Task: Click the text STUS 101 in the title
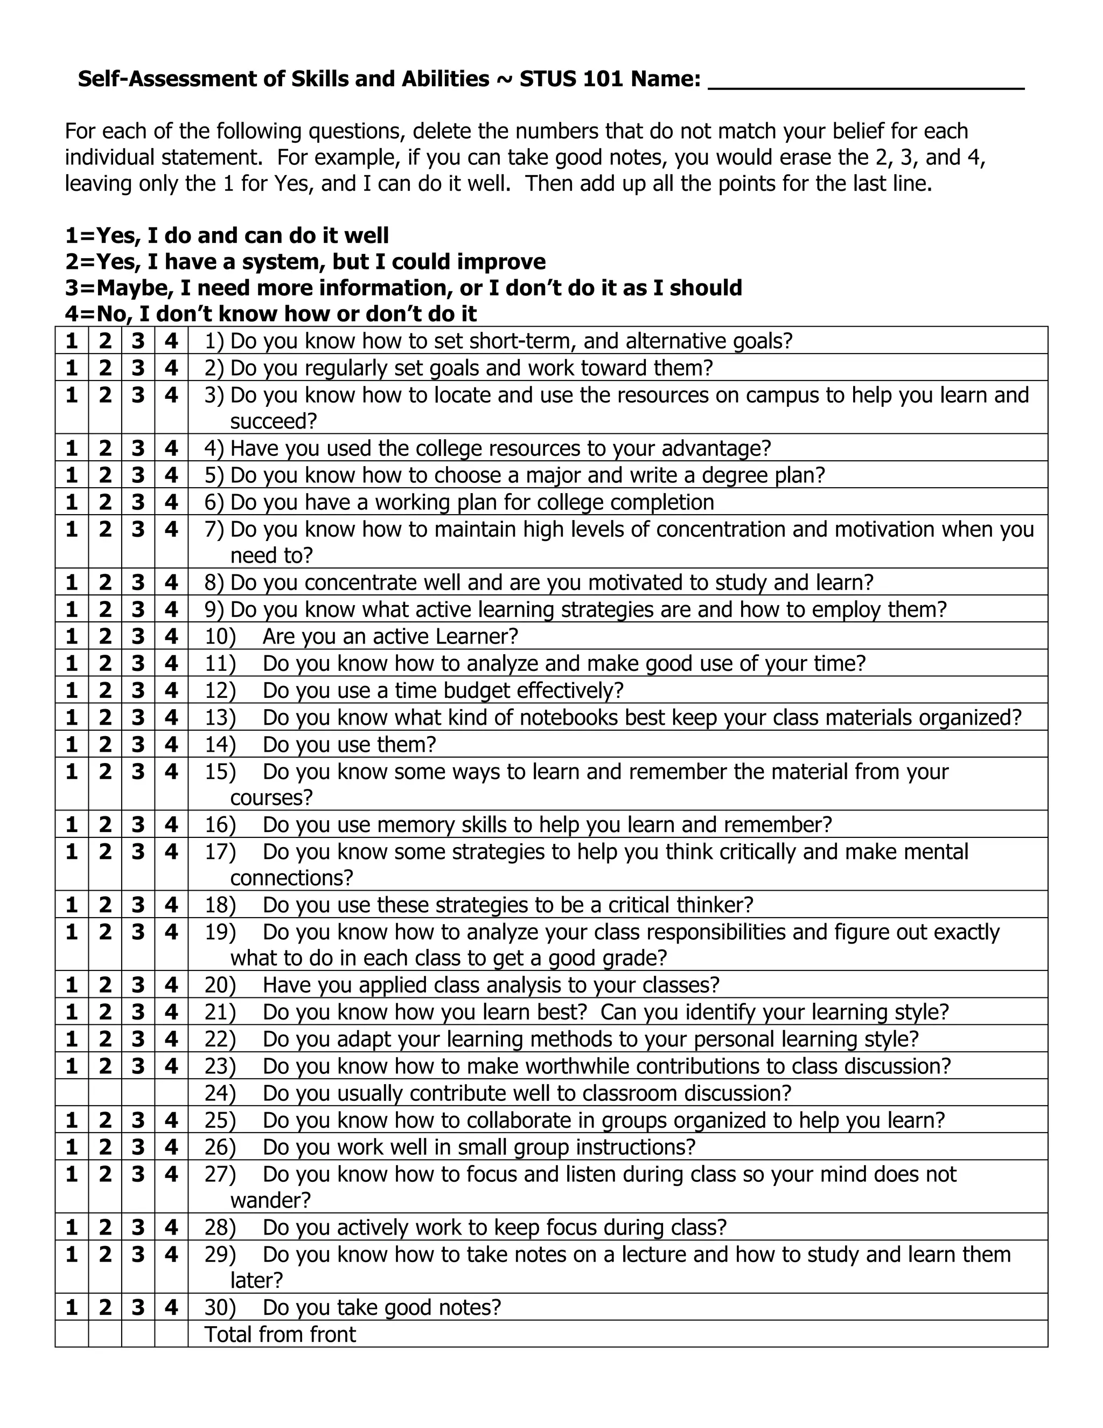pos(572,79)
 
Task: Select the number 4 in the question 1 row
pos(171,341)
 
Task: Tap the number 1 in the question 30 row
pos(72,1307)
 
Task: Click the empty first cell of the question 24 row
pos(72,1093)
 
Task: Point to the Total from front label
pos(280,1334)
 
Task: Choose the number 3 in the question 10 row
pos(138,636)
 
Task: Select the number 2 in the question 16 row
pos(105,824)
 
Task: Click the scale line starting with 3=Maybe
pos(403,288)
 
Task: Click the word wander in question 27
pos(269,1201)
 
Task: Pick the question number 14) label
pos(220,744)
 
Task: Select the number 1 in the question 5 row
pos(72,475)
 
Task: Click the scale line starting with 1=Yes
pos(227,235)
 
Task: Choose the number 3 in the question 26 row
pos(138,1147)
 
